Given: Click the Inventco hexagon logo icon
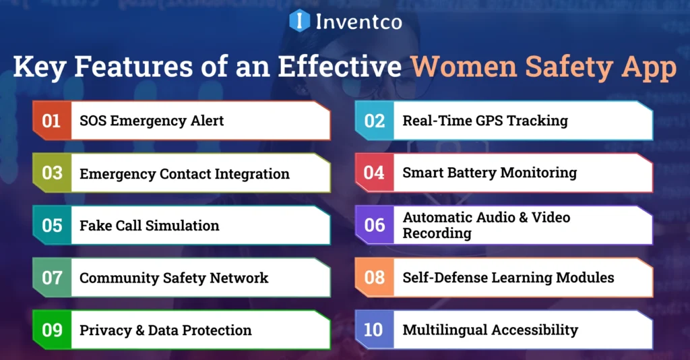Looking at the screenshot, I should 299,20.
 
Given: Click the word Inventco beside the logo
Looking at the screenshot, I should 358,22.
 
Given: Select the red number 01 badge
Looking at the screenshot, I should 52,121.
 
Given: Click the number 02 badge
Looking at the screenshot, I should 375,121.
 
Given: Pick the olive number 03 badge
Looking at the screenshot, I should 52,173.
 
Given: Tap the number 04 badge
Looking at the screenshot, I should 375,173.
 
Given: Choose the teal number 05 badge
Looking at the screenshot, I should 52,225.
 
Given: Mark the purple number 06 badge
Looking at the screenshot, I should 375,225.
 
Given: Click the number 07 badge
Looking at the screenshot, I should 52,277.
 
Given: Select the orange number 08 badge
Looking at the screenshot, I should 375,277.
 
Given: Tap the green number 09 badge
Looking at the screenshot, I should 52,330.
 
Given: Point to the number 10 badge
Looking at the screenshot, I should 373,330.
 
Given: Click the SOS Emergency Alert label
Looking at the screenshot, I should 152,121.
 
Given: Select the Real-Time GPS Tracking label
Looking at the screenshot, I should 485,121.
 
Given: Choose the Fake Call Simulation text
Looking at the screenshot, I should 150,226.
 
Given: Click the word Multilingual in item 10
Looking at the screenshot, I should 443,330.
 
